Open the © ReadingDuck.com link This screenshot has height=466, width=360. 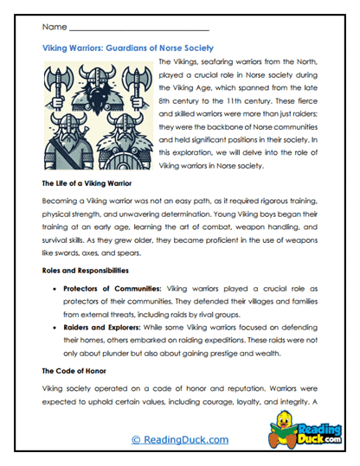180,439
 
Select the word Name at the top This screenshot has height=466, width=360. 54,28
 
